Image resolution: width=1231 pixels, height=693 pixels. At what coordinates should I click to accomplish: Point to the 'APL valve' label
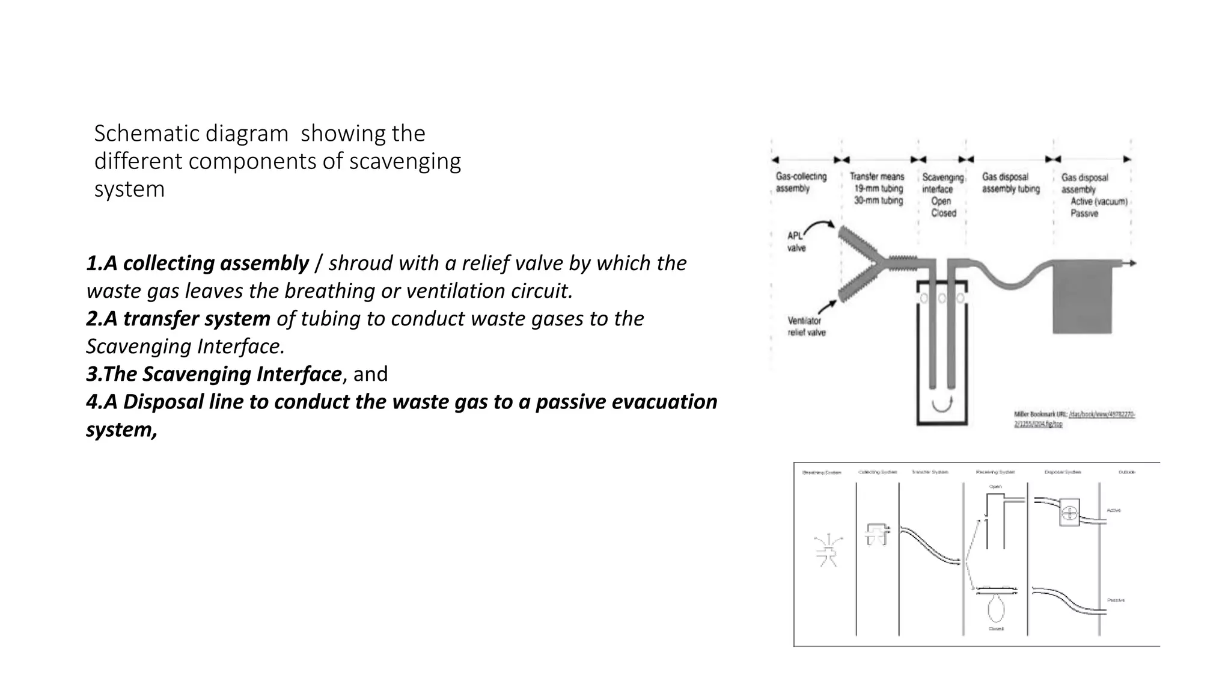(796, 242)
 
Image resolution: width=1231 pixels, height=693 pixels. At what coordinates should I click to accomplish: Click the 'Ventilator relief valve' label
(806, 327)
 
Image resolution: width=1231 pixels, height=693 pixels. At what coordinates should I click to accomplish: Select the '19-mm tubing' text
(878, 188)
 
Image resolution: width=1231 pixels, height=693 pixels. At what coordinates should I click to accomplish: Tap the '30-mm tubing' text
(878, 200)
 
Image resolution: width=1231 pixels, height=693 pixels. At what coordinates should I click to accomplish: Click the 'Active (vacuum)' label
(1099, 202)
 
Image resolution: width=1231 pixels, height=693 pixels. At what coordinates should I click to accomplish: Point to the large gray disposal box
(1082, 298)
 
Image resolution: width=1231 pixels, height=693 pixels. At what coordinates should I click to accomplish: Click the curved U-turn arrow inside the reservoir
(942, 405)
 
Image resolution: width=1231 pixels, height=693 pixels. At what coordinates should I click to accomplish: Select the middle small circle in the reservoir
(942, 298)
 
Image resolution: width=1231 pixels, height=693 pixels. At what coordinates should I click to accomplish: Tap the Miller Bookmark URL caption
(1074, 419)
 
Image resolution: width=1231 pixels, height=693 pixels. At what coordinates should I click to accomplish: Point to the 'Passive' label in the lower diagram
(1116, 600)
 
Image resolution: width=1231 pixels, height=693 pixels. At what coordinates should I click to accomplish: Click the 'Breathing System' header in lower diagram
(822, 472)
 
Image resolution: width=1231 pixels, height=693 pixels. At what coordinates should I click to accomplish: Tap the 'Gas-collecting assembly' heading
(801, 182)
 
